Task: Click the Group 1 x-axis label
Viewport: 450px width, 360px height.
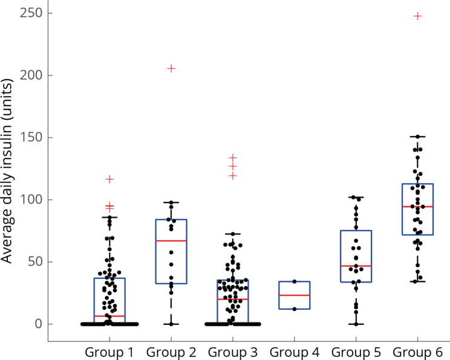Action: tap(109, 352)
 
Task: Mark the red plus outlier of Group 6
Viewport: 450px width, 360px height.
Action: tap(417, 16)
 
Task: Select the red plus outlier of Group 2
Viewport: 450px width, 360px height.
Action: tap(171, 68)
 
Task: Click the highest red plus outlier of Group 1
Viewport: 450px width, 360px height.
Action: tap(109, 179)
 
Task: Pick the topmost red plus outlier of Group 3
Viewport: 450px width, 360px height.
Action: tap(233, 157)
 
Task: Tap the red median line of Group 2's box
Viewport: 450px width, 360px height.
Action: tap(171, 241)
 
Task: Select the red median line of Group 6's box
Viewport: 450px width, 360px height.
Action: tap(417, 207)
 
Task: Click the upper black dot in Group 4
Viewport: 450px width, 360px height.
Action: tap(295, 281)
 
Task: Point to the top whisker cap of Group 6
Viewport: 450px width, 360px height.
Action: tap(417, 137)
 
